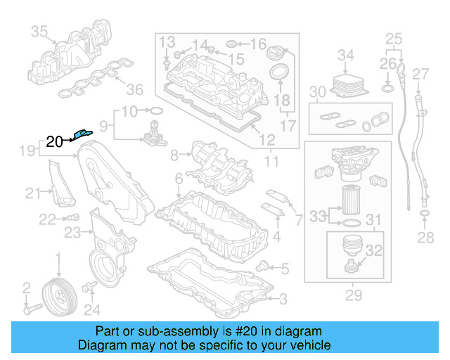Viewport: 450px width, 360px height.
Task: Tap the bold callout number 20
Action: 54,141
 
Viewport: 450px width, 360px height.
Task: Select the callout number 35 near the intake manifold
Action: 39,32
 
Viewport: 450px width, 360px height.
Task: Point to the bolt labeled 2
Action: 33,308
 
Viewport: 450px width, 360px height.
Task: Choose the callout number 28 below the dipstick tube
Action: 425,238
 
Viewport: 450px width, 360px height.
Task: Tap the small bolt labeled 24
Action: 89,287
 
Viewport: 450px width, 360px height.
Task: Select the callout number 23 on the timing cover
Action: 72,233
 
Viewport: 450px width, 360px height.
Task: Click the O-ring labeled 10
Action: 157,111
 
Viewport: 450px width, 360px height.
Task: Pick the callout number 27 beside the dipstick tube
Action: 420,75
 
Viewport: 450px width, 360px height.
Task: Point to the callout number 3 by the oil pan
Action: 283,300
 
